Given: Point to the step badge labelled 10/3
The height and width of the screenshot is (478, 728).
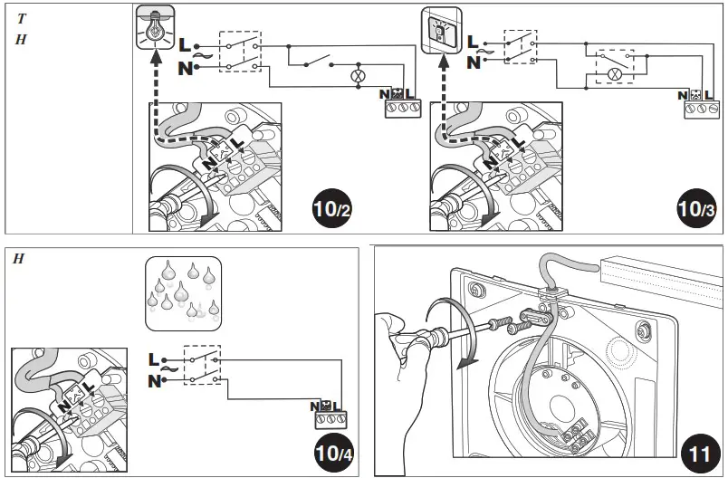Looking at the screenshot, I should [697, 209].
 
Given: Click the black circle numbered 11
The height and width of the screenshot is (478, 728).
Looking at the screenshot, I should [699, 450].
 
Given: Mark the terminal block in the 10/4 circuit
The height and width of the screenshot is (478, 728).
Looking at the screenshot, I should [330, 420].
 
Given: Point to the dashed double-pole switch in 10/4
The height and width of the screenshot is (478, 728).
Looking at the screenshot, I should [202, 368].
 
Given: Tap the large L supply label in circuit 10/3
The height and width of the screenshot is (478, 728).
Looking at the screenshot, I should [473, 42].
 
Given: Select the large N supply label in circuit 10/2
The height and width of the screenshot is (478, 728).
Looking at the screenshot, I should [186, 69].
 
